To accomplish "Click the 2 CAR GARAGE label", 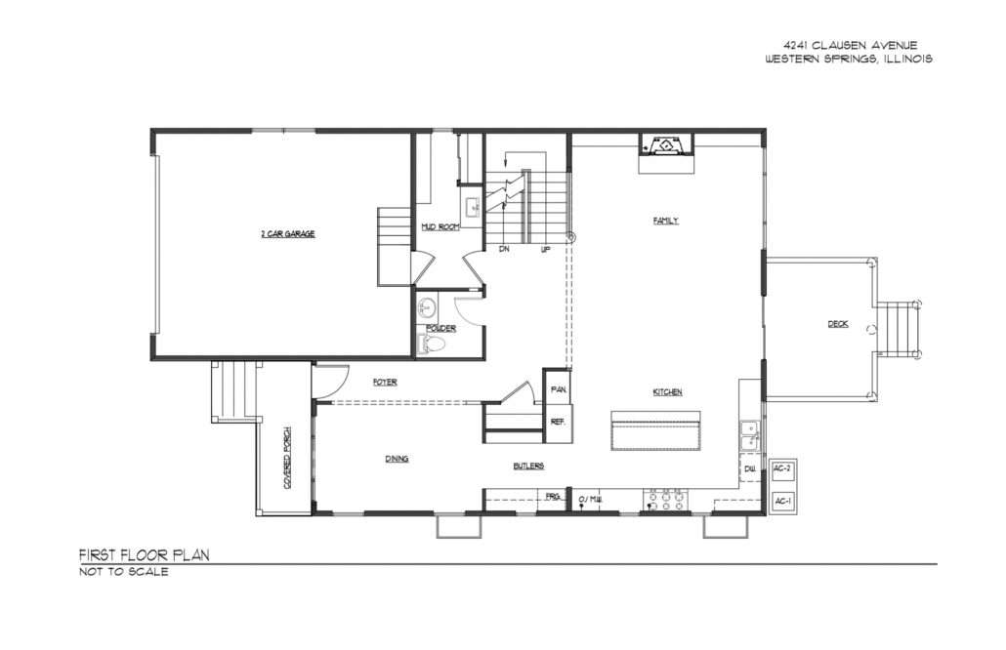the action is coord(288,234).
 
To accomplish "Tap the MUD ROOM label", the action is coord(440,227).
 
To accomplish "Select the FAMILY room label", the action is coord(666,221).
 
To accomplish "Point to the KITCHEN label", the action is coord(667,391).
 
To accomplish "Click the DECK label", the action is coord(838,324).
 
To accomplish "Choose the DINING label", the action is coord(398,459).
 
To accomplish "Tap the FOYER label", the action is coord(385,382).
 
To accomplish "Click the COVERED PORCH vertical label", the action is coord(287,459).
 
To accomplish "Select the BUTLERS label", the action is coord(528,466).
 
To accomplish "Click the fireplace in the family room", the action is coord(667,145).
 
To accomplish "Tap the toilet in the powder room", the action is coord(429,345).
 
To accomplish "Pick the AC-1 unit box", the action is coord(782,502).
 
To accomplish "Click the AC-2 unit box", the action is coord(782,469).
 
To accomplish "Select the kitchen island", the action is coord(655,430).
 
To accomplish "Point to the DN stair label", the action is coord(504,249).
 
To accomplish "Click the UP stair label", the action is coord(545,249).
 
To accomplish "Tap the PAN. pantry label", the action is coord(558,389).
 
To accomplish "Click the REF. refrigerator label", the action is coord(558,422).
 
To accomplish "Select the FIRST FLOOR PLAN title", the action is coord(145,555).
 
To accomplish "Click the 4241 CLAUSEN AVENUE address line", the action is coord(850,45).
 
